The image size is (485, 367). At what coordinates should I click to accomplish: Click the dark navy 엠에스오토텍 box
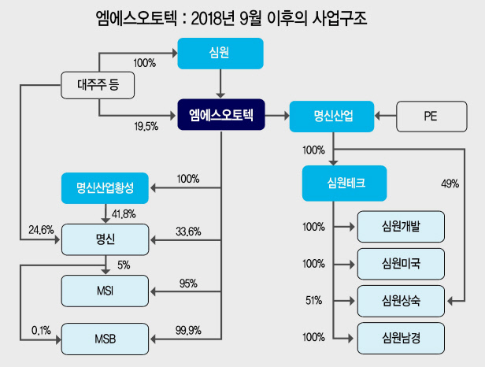pyautogui.click(x=221, y=114)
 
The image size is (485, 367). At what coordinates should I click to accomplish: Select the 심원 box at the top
pyautogui.click(x=220, y=54)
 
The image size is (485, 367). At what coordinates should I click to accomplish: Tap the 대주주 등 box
pyautogui.click(x=98, y=85)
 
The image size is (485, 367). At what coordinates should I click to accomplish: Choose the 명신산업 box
pyautogui.click(x=332, y=117)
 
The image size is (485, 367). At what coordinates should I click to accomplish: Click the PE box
pyautogui.click(x=431, y=117)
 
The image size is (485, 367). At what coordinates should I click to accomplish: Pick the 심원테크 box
pyautogui.click(x=345, y=183)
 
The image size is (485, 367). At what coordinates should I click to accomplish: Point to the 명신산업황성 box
pyautogui.click(x=105, y=188)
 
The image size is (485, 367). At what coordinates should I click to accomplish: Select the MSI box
pyautogui.click(x=105, y=291)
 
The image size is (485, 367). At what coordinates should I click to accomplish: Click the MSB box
pyautogui.click(x=105, y=339)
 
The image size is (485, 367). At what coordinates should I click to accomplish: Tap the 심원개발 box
pyautogui.click(x=401, y=227)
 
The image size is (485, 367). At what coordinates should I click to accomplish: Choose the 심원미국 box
pyautogui.click(x=401, y=264)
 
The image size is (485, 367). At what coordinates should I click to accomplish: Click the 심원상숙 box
pyautogui.click(x=401, y=301)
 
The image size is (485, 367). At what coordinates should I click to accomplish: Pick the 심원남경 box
pyautogui.click(x=401, y=338)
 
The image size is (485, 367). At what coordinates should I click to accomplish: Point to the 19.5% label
pyautogui.click(x=146, y=126)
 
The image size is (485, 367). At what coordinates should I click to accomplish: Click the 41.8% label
pyautogui.click(x=124, y=214)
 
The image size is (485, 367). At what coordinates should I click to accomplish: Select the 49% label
pyautogui.click(x=450, y=183)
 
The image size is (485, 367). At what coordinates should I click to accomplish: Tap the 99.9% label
pyautogui.click(x=188, y=331)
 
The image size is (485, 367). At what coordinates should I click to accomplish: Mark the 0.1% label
pyautogui.click(x=41, y=331)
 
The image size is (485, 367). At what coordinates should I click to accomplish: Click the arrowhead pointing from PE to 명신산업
pyautogui.click(x=377, y=116)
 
